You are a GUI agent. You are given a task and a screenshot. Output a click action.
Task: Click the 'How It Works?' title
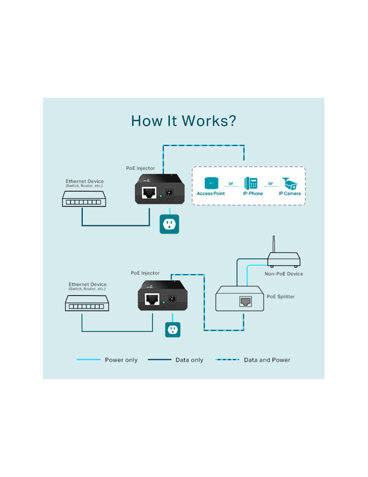click(x=184, y=121)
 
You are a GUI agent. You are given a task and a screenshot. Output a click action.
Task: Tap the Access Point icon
click(x=211, y=183)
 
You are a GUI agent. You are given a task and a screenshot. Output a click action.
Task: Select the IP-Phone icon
click(x=251, y=183)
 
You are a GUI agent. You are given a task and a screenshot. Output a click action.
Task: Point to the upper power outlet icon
click(x=169, y=224)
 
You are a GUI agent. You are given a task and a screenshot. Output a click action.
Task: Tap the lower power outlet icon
click(x=173, y=330)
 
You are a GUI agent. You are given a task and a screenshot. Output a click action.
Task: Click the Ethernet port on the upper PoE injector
click(x=149, y=193)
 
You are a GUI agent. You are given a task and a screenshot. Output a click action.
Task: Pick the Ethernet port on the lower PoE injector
click(x=152, y=300)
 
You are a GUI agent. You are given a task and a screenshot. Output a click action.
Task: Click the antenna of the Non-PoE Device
click(x=273, y=244)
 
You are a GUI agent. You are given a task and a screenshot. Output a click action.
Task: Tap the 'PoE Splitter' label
click(x=281, y=297)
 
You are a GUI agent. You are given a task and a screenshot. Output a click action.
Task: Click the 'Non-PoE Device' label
click(x=284, y=274)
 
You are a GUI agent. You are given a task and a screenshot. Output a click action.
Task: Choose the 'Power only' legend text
click(x=121, y=360)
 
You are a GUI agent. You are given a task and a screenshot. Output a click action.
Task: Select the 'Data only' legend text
click(x=189, y=360)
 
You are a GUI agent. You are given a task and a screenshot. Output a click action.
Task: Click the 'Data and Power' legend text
click(x=267, y=360)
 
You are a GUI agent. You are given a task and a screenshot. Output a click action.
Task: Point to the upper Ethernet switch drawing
click(x=84, y=199)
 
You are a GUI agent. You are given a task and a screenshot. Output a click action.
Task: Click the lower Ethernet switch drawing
click(x=87, y=303)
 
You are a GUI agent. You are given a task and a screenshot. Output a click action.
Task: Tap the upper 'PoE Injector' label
click(x=141, y=168)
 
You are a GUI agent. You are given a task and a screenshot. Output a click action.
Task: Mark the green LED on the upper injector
click(x=161, y=196)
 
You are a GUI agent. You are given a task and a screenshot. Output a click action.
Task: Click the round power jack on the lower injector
click(x=172, y=299)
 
